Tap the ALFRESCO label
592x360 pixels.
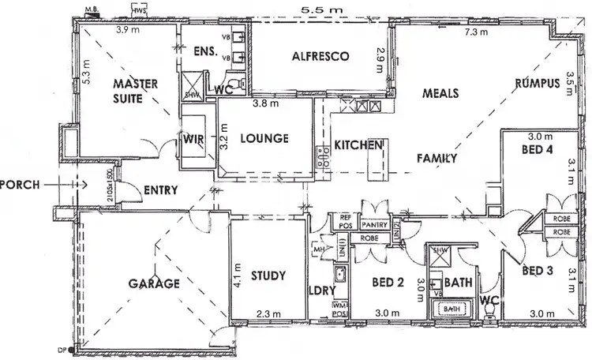(x=320, y=57)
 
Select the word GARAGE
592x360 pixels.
(x=155, y=283)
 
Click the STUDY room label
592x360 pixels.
(x=267, y=276)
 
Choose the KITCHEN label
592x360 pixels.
(x=358, y=146)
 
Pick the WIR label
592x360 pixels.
(x=193, y=139)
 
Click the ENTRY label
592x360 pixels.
(x=160, y=189)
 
